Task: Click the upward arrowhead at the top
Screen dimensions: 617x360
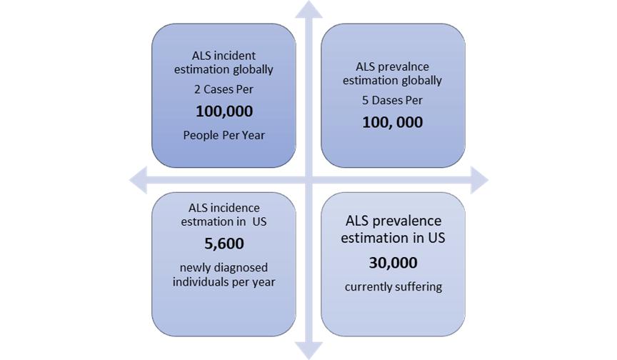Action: (309, 10)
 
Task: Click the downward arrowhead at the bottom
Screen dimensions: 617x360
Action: (309, 350)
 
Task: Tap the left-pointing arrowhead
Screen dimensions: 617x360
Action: (138, 180)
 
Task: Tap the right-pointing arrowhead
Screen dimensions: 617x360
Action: (480, 180)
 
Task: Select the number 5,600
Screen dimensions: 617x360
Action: (224, 244)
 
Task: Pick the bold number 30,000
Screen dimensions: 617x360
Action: (393, 262)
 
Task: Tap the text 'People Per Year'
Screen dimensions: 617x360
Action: (224, 135)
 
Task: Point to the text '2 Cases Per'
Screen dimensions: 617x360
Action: (224, 89)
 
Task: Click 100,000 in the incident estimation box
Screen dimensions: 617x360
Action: (224, 111)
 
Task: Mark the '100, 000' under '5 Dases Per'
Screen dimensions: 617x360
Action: (393, 122)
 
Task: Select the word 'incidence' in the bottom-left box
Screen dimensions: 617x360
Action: (236, 208)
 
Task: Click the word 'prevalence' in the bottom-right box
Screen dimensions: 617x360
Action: (407, 221)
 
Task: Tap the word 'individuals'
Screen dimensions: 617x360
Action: (201, 281)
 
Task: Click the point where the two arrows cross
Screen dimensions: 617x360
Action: (309, 180)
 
